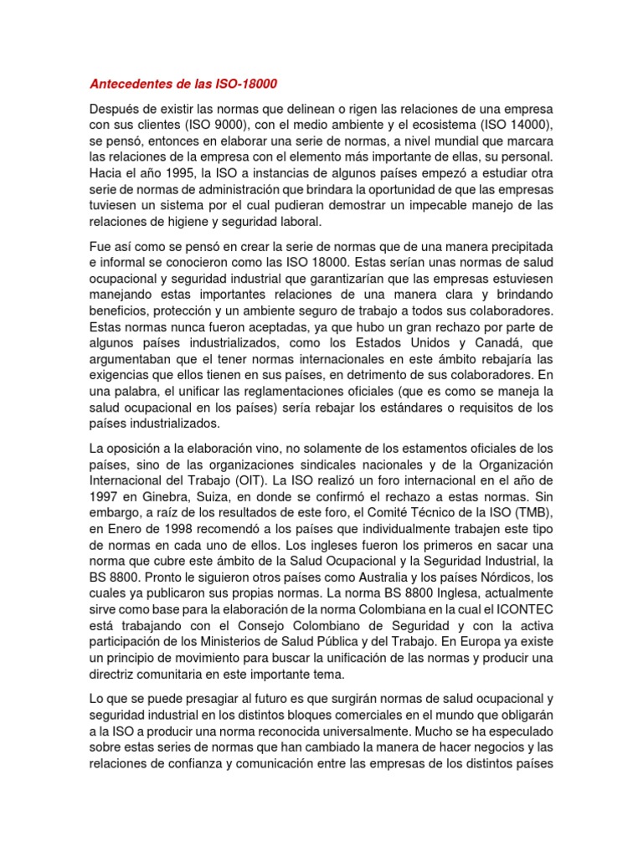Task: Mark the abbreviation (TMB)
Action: [532, 511]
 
